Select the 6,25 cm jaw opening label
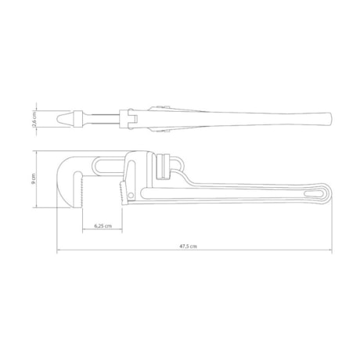click(x=101, y=226)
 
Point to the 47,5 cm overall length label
click(x=188, y=247)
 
